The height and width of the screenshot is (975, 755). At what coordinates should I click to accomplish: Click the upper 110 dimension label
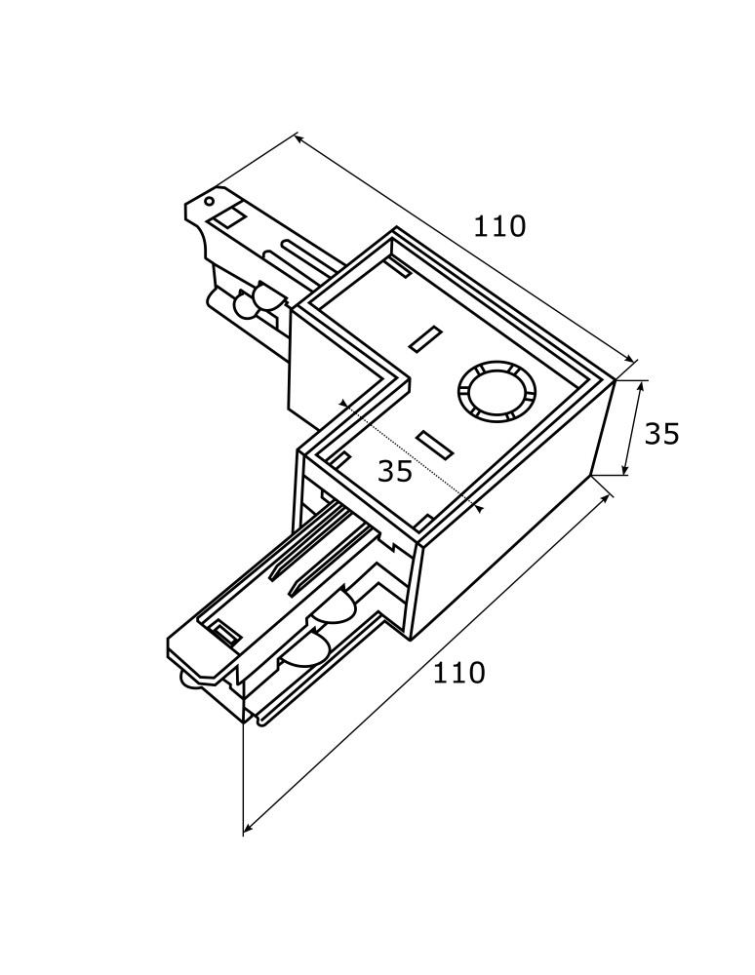tap(499, 226)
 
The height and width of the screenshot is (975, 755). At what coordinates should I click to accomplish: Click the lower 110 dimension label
tap(458, 673)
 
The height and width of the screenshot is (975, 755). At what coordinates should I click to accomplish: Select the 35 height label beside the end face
tap(661, 434)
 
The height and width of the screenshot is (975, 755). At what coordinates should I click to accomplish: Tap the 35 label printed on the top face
tap(395, 471)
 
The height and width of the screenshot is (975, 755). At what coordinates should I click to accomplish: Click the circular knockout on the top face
tap(497, 392)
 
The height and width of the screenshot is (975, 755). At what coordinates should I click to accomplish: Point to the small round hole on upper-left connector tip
tap(209, 202)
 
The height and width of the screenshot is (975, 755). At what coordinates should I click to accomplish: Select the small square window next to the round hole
tap(229, 216)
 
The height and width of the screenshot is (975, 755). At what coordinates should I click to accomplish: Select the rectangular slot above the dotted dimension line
tap(425, 339)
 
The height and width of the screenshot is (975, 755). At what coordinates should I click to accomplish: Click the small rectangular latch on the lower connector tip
tap(225, 634)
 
